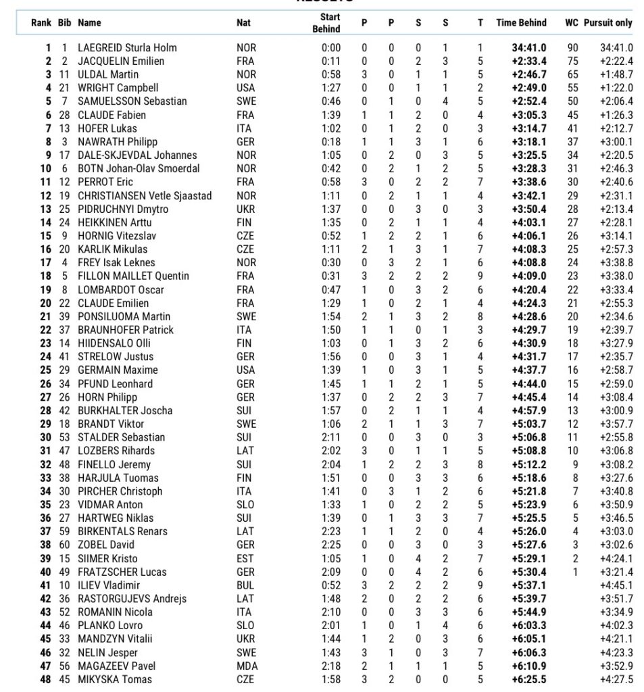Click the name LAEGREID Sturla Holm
pos(127,48)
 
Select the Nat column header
pos(243,22)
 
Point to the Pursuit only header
pos(608,22)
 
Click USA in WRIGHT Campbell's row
pos(245,88)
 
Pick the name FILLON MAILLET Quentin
pos(133,276)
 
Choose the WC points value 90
pos(572,48)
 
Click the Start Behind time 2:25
pos(331,545)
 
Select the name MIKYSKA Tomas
pos(115,679)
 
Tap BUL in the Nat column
pos(245,585)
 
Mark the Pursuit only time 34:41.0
pos(616,48)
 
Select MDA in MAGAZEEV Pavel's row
pos(246,666)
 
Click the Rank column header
pos(42,22)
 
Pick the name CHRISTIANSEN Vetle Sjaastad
pos(145,195)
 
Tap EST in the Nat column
pos(245,558)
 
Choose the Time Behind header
pos(521,22)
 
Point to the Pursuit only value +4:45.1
pos(616,585)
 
